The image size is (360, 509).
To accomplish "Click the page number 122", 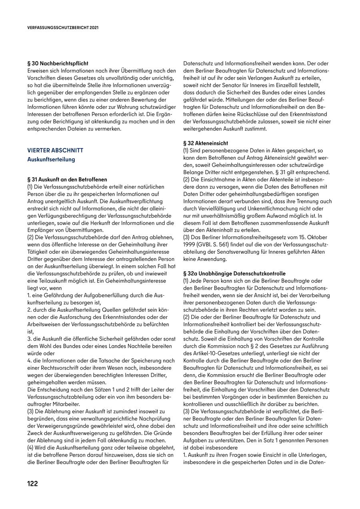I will tap(32, 483).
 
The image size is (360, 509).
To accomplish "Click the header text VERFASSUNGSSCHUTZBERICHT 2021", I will tap(63, 28).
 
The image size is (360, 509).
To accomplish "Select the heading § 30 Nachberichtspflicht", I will tap(58, 63).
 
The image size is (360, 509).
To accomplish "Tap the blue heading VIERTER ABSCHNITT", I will tap(55, 150).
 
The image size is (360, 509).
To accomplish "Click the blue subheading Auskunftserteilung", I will tap(51, 159).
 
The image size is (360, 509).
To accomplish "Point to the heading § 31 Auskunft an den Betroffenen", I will tap(67, 179).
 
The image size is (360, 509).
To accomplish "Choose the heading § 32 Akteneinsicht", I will tap(206, 143).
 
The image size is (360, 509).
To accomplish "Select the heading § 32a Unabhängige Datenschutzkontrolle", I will tap(234, 273).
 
